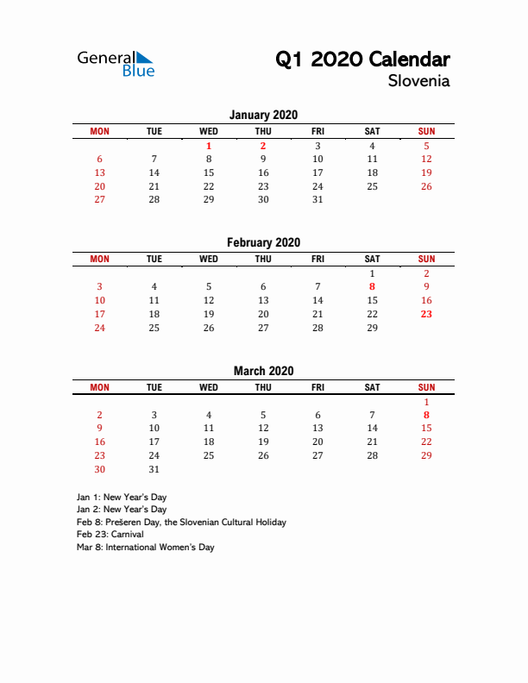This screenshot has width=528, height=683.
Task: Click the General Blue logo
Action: [x=116, y=63]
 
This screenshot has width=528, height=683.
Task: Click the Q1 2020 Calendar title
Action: [x=362, y=60]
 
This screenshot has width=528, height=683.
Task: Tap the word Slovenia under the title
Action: [x=418, y=82]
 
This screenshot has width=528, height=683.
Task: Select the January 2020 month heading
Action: [x=263, y=115]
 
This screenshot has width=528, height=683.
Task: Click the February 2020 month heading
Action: [x=263, y=242]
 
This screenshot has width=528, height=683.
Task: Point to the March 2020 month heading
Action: [x=263, y=371]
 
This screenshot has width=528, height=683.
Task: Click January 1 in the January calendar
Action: [x=209, y=146]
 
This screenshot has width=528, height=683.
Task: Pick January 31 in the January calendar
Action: [x=317, y=199]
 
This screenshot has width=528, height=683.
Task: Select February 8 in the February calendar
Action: [x=372, y=286]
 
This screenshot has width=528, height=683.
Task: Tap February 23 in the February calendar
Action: [x=426, y=314]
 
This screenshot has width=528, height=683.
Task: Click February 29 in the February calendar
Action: [x=372, y=328]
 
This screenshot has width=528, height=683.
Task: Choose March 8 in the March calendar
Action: [x=426, y=415]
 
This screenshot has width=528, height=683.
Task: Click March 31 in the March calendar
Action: [x=154, y=469]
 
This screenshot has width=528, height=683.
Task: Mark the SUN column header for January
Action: [x=426, y=131]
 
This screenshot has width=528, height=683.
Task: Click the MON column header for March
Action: [x=100, y=387]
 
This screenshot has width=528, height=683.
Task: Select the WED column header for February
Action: [x=209, y=259]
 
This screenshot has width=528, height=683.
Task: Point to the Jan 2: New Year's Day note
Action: [x=122, y=510]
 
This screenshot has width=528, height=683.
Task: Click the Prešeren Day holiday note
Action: [x=181, y=522]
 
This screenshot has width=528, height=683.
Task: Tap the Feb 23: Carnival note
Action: [x=110, y=535]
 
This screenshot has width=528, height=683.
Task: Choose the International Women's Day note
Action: [x=145, y=547]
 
